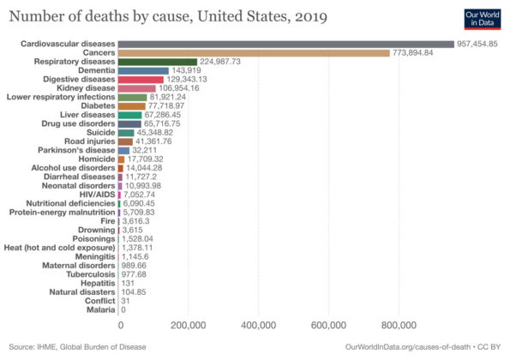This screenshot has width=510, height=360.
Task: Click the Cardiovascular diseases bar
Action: pyautogui.click(x=285, y=44)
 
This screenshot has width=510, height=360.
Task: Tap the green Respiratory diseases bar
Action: pyautogui.click(x=157, y=62)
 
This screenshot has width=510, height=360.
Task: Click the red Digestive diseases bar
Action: pyautogui.click(x=141, y=80)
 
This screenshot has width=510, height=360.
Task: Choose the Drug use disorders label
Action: pyautogui.click(x=75, y=123)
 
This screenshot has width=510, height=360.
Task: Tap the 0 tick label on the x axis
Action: pyautogui.click(x=119, y=326)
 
